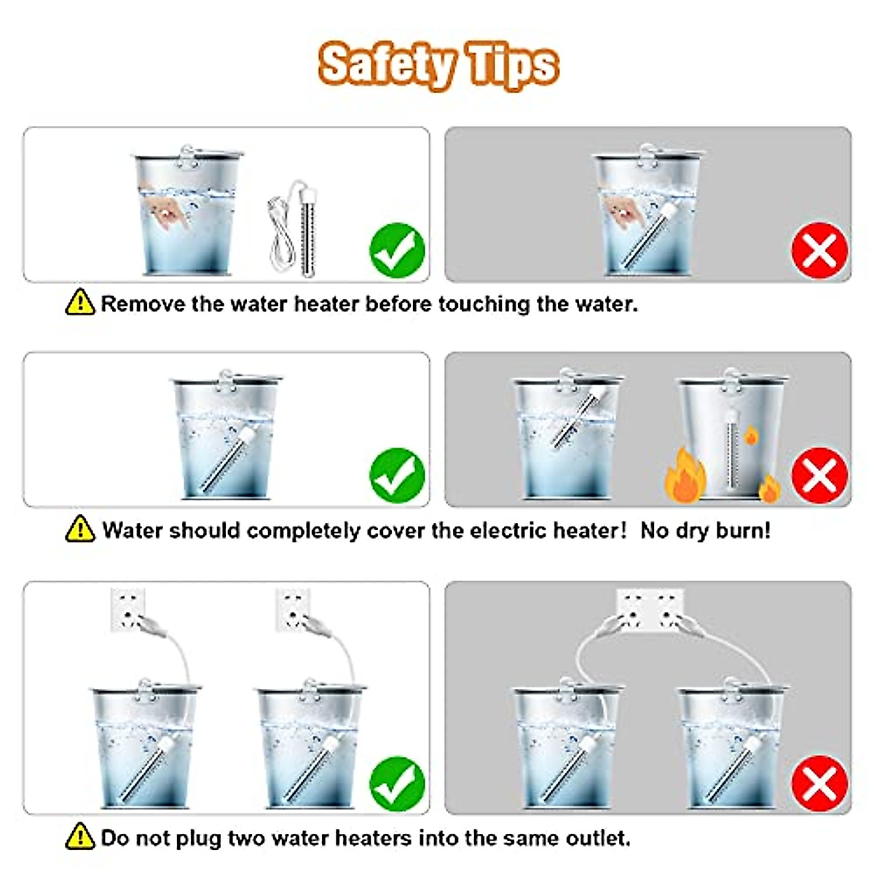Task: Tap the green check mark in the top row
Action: (397, 250)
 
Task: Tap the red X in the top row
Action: (819, 250)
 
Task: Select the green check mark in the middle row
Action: (397, 476)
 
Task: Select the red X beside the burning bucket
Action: (819, 476)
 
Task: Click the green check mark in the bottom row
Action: (397, 784)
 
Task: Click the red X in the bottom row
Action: (819, 784)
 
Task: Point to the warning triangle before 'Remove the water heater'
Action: (80, 302)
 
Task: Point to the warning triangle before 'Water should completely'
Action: (80, 529)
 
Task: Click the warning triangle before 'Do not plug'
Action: (80, 837)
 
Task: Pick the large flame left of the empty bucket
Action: (685, 476)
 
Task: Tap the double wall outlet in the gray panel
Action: (650, 610)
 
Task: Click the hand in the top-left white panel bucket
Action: (166, 210)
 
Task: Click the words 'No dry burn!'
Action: (705, 530)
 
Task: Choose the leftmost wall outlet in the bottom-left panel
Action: (127, 610)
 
